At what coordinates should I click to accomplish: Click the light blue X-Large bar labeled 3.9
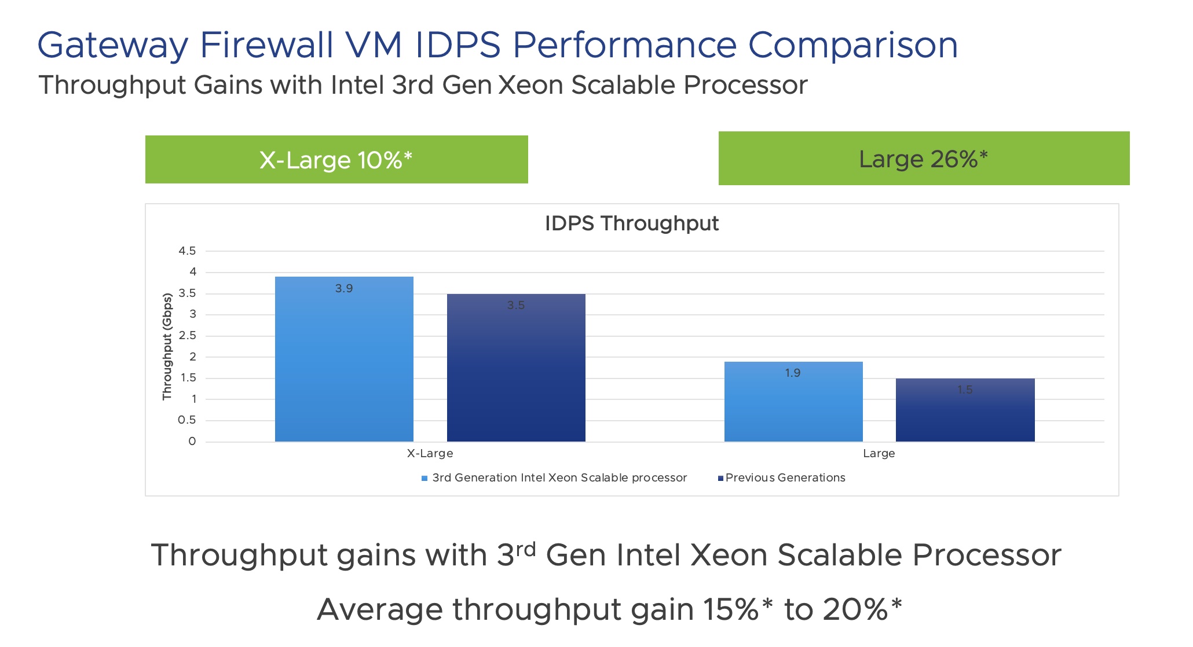point(344,359)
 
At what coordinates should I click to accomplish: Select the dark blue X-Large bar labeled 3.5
point(516,367)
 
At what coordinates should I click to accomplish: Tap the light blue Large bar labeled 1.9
point(793,402)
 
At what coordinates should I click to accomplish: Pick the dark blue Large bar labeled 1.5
point(965,410)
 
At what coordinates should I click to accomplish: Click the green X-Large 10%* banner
point(336,160)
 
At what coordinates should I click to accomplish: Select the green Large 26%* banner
point(924,159)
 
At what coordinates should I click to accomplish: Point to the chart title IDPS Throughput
point(631,223)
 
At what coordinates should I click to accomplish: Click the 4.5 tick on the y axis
point(187,251)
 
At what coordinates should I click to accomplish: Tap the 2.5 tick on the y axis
point(187,336)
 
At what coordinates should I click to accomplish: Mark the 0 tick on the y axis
point(192,442)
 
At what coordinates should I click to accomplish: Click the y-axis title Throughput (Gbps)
point(167,347)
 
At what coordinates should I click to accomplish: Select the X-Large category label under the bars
point(430,453)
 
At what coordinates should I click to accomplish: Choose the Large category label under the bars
point(879,453)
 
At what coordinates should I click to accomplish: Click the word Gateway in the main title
point(113,45)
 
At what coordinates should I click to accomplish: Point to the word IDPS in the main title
point(458,45)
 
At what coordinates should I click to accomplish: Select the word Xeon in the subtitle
point(530,85)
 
